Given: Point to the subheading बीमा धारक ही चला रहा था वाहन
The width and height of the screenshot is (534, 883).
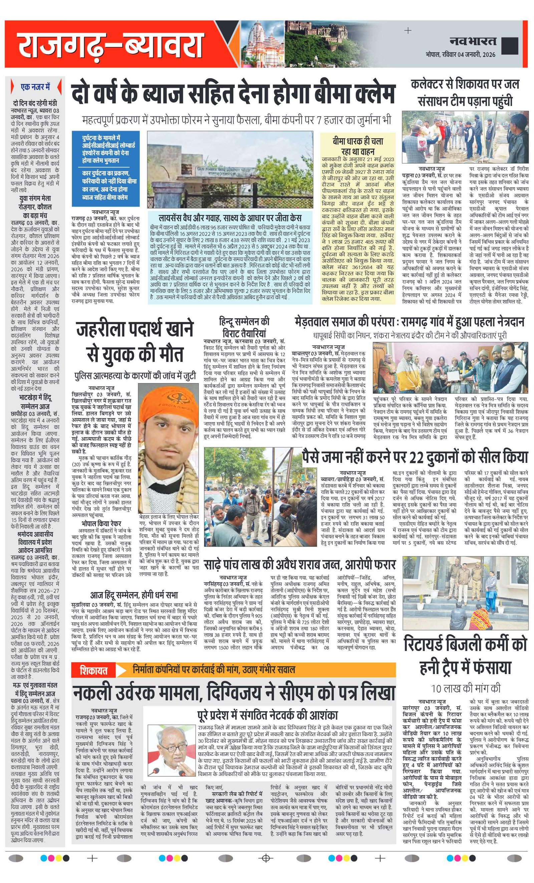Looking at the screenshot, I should pyautogui.click(x=357, y=146).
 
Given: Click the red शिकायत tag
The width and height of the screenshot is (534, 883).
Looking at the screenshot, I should pyautogui.click(x=94, y=669).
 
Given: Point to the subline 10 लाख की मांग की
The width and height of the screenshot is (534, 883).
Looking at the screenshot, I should pyautogui.click(x=465, y=688).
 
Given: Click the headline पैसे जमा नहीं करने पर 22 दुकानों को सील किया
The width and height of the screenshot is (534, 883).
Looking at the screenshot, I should pyautogui.click(x=415, y=458).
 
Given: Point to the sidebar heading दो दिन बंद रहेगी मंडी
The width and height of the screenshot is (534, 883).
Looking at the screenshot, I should pyautogui.click(x=35, y=103).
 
